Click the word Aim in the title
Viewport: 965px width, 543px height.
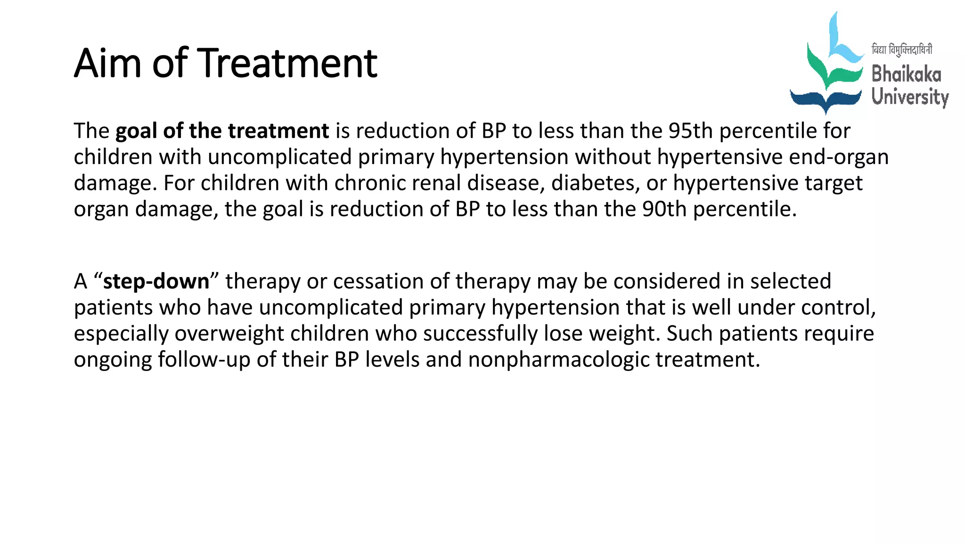pos(108,63)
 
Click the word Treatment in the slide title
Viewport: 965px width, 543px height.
pos(289,63)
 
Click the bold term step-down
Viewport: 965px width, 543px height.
pos(156,281)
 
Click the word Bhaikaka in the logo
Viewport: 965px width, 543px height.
pos(906,74)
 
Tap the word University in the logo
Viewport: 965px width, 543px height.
pos(909,97)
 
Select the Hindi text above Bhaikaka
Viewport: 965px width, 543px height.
pos(901,49)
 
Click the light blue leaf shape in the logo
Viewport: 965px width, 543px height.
pos(842,42)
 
